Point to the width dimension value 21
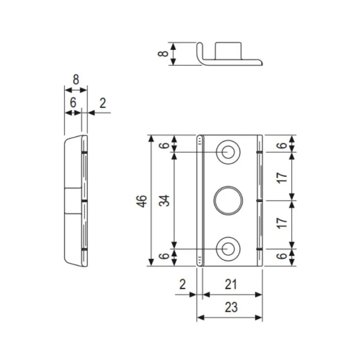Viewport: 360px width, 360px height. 231,284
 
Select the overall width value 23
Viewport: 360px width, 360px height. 231,308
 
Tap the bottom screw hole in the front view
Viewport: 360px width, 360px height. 228,248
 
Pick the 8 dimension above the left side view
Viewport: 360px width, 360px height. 76,80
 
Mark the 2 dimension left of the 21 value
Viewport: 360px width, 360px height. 182,284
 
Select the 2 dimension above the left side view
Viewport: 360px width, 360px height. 102,103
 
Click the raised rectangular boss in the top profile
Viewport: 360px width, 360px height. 228,50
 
